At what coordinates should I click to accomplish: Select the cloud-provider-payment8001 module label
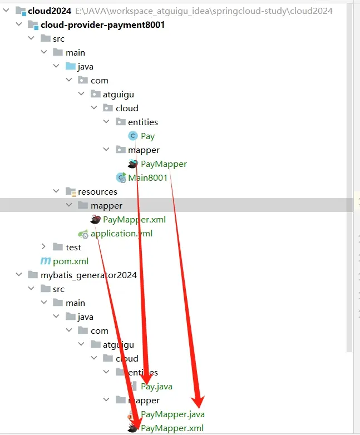(103, 24)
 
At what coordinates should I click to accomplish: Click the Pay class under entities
(147, 136)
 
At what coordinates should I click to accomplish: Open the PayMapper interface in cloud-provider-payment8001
(164, 164)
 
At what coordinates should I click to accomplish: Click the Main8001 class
(148, 177)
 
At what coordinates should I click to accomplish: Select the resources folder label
(97, 191)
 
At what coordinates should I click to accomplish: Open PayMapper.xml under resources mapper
(134, 219)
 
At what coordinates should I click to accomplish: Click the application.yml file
(121, 233)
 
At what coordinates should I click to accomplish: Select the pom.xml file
(71, 261)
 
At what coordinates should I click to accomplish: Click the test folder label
(73, 247)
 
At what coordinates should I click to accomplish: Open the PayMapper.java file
(172, 414)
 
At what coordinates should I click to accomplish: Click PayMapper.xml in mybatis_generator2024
(172, 428)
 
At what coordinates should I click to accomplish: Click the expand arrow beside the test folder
(43, 247)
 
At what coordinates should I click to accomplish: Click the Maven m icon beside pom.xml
(45, 261)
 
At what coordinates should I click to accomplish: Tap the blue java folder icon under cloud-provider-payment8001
(71, 66)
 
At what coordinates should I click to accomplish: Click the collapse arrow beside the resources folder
(56, 191)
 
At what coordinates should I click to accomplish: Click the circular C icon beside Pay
(132, 136)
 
